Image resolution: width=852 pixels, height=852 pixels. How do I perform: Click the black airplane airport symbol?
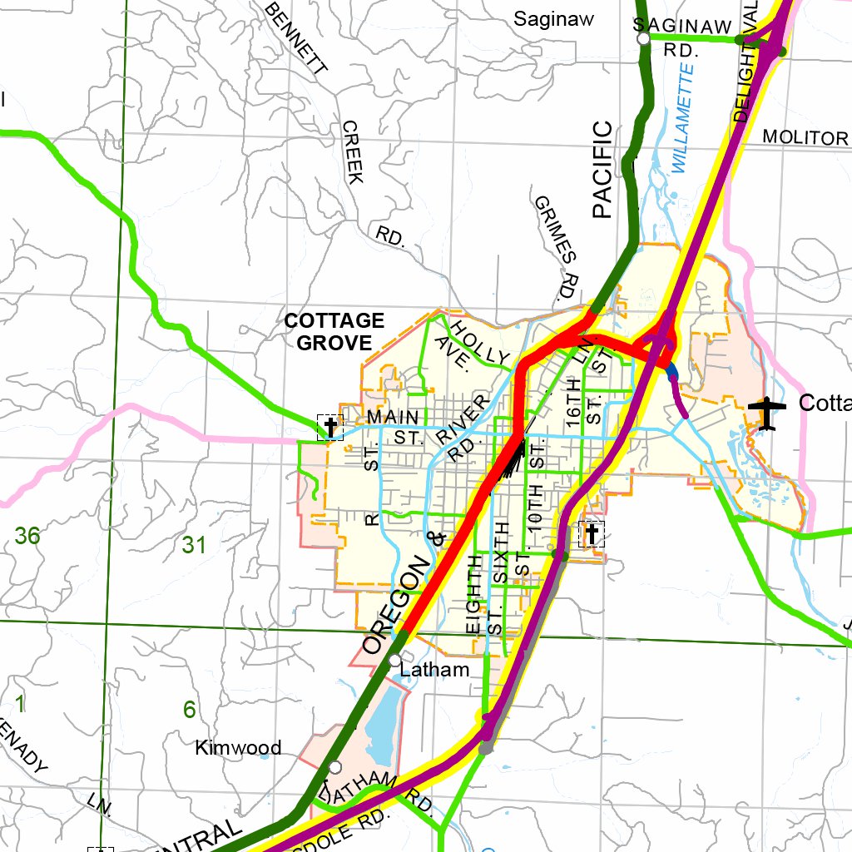coord(766,413)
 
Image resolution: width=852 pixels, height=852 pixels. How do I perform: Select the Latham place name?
coord(434,670)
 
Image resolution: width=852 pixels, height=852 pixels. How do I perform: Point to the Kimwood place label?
coord(238,747)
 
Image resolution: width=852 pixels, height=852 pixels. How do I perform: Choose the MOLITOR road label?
coord(805,137)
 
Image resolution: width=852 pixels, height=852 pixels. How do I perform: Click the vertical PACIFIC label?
coord(602,170)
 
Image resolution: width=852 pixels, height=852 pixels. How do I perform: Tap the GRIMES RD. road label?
coord(556,248)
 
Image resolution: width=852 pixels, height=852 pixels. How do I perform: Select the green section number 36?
coord(27,536)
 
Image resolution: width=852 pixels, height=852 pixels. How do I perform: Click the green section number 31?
coord(194,545)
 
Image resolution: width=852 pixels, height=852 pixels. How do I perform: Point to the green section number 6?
coord(189,710)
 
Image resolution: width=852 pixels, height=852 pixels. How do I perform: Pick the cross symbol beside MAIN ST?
coord(330,428)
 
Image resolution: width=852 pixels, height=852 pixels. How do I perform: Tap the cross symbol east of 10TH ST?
coord(592,533)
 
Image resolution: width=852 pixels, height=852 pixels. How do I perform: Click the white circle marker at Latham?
coord(394,660)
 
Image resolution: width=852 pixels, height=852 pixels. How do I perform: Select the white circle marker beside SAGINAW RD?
coord(642,38)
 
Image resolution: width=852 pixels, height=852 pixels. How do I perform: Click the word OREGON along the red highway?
coord(399,605)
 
